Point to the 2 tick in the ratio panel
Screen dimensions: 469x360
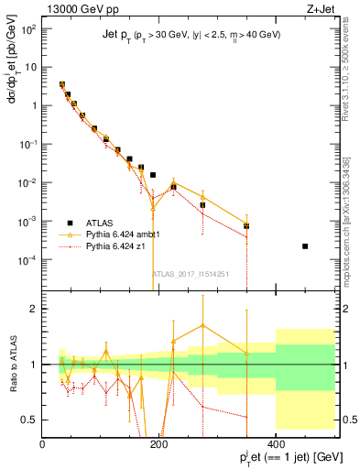[x=35, y=309]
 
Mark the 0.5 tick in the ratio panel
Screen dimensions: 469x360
[x=31, y=420]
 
